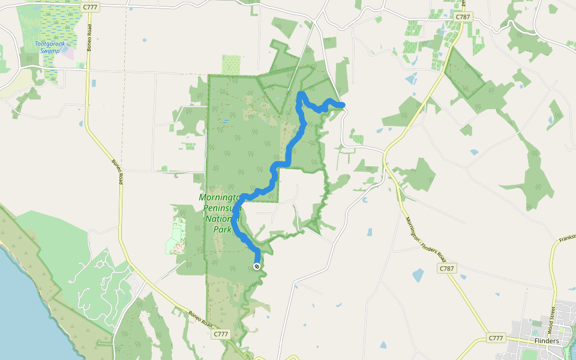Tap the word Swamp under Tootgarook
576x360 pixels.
51,51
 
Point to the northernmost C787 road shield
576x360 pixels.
463,17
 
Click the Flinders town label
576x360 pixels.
546,341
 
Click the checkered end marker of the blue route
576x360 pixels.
257,266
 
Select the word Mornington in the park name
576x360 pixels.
220,198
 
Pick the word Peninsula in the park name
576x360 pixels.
220,208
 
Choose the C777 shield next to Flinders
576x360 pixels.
496,338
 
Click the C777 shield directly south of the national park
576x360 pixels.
221,334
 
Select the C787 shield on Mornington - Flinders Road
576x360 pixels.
446,268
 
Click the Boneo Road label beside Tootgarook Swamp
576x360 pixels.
88,40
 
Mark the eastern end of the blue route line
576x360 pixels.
343,106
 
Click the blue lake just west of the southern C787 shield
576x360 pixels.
418,275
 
